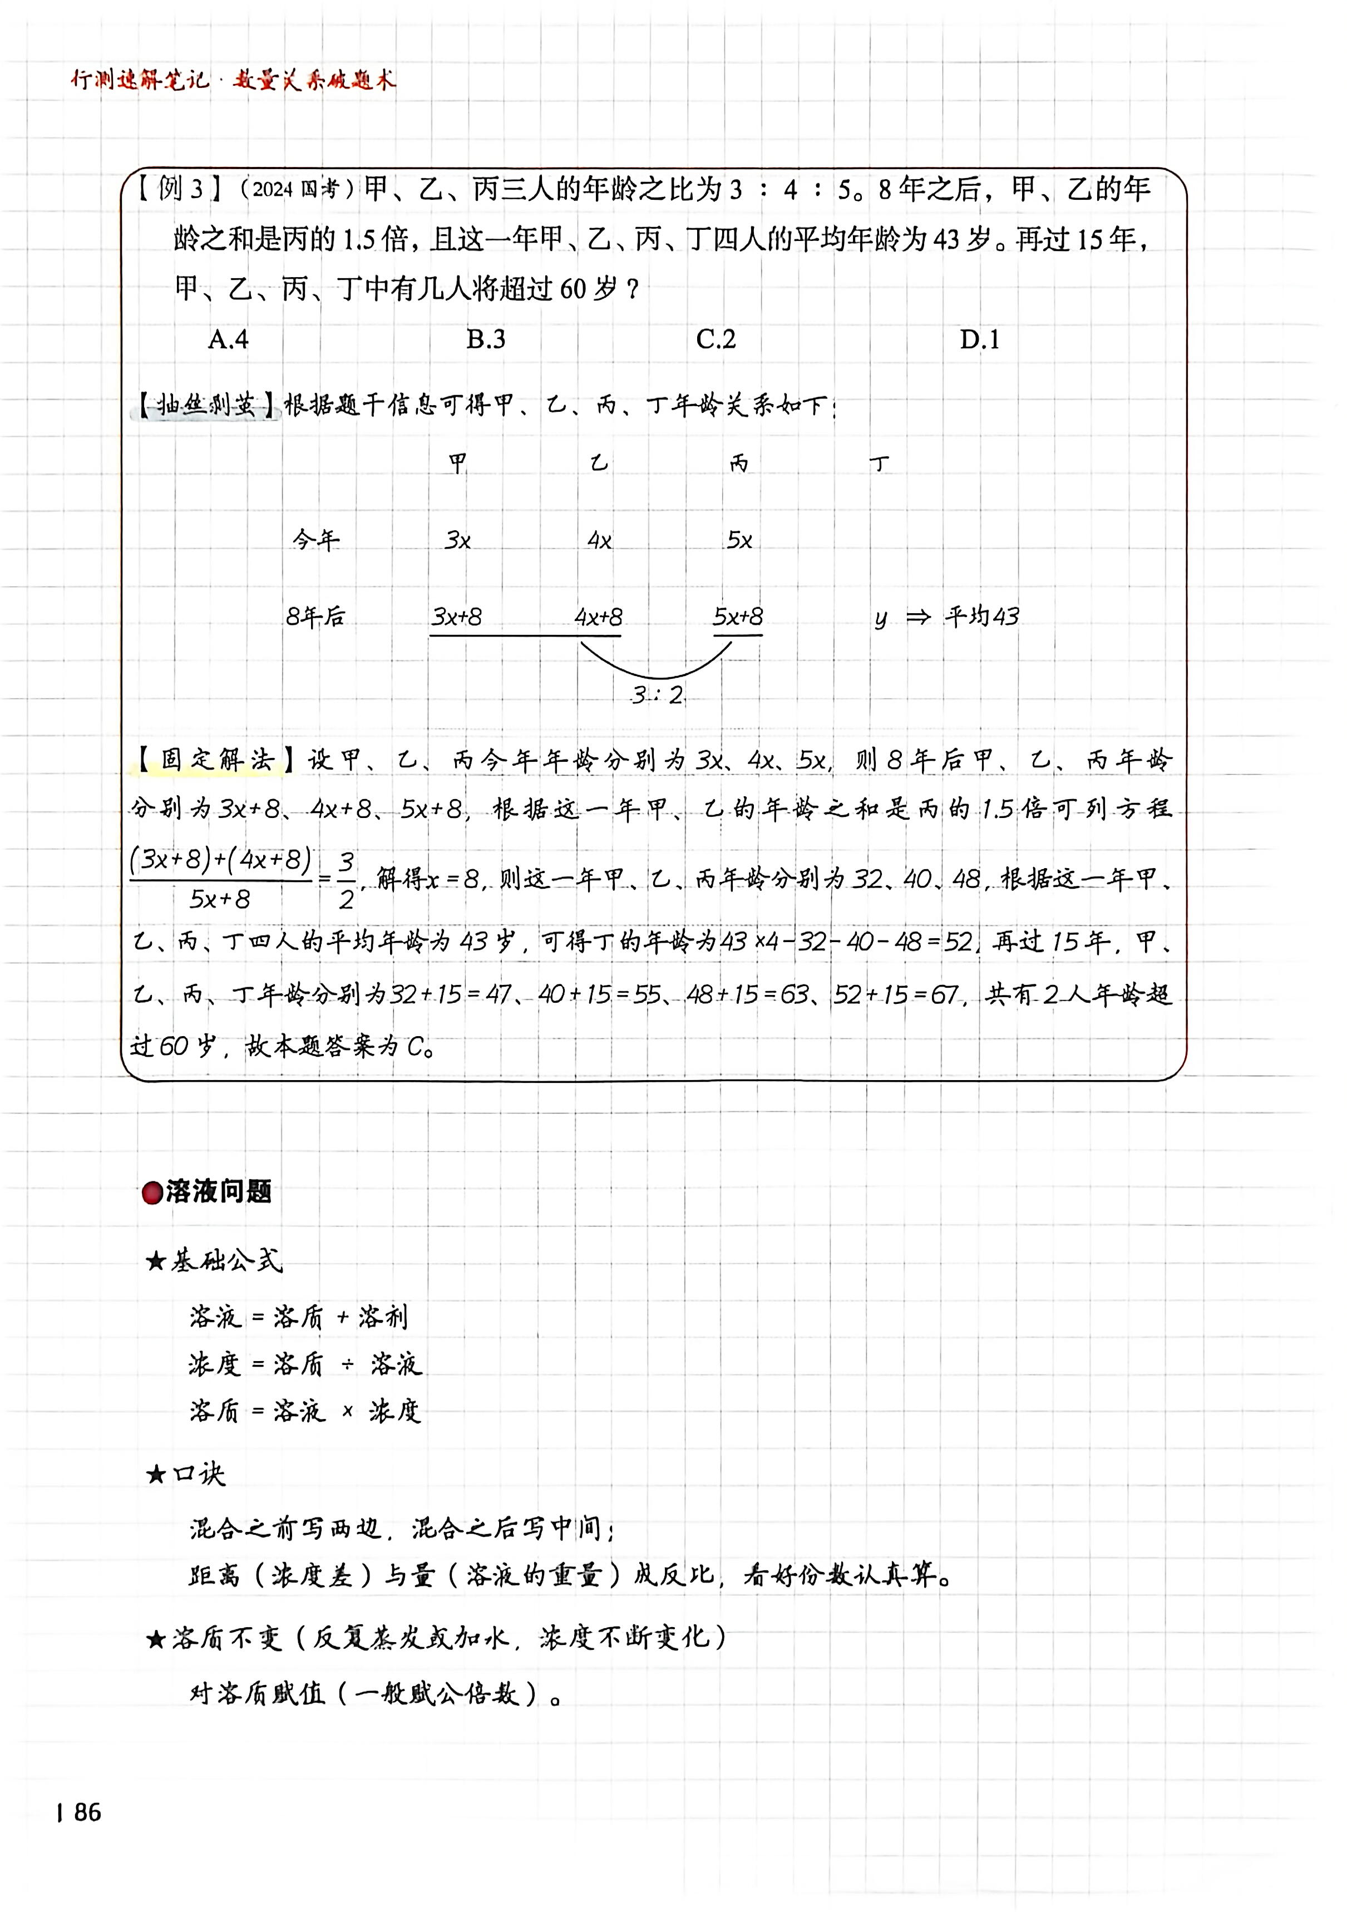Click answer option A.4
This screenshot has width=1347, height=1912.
click(228, 340)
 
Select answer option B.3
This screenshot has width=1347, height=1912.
click(485, 340)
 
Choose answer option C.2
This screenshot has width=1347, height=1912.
click(716, 340)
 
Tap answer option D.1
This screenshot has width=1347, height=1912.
click(979, 340)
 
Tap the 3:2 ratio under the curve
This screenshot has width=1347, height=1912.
click(657, 694)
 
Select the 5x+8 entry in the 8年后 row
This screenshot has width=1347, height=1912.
click(738, 617)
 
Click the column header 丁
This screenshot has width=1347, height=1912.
click(879, 464)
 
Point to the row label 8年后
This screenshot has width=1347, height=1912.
click(315, 617)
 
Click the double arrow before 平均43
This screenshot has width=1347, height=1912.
click(917, 617)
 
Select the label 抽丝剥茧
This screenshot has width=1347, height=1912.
click(206, 406)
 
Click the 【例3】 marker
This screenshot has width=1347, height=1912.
click(179, 190)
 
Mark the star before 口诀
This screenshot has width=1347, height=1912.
click(156, 1475)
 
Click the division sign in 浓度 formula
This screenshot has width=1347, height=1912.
click(348, 1364)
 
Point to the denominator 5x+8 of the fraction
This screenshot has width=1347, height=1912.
click(220, 899)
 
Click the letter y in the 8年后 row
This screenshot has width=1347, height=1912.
click(881, 619)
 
